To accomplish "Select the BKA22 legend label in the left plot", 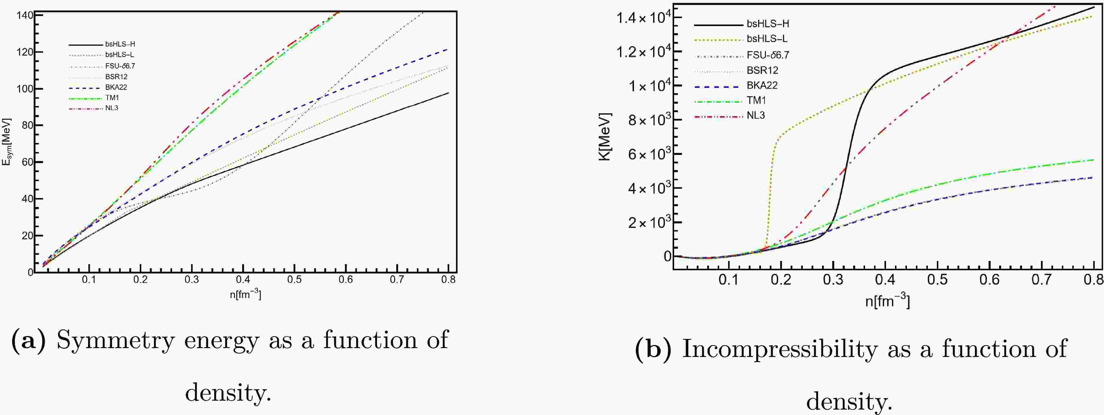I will (116, 87).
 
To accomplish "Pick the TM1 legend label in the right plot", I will (756, 100).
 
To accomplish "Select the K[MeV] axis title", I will (605, 137).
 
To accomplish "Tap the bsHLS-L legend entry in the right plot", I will (767, 39).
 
